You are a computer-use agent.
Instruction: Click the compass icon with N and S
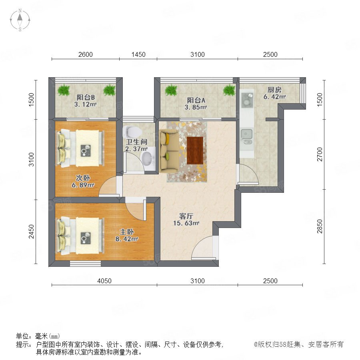click(x=20, y=20)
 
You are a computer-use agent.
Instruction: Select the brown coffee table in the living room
click(x=195, y=150)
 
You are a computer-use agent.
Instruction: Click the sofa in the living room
click(x=169, y=151)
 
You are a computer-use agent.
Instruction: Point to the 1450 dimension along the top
click(x=138, y=54)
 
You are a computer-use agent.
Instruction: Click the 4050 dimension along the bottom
click(x=104, y=281)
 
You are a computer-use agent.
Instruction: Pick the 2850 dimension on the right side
click(x=320, y=226)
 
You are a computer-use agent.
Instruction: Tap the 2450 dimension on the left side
click(x=32, y=232)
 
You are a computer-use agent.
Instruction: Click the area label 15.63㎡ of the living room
click(x=186, y=223)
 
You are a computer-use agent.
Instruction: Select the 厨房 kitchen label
click(x=274, y=89)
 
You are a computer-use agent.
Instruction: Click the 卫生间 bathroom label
click(x=136, y=142)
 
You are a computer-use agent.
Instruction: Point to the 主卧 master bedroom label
click(x=126, y=232)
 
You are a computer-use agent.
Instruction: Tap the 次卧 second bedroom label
click(x=83, y=178)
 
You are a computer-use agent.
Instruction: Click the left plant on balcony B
click(x=64, y=90)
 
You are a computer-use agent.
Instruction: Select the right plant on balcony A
click(x=229, y=90)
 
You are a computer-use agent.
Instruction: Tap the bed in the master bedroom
click(x=80, y=236)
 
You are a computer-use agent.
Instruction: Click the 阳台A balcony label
click(x=196, y=100)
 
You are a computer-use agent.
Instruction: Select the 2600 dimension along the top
click(x=86, y=54)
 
